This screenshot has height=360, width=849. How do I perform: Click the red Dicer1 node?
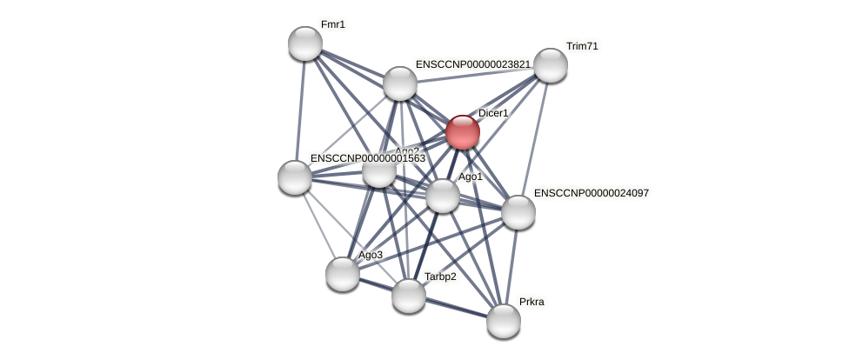(x=462, y=132)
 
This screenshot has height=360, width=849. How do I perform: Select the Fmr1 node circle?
(x=305, y=43)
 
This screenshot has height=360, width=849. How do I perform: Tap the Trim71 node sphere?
(x=551, y=65)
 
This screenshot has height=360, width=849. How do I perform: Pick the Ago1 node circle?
(x=442, y=196)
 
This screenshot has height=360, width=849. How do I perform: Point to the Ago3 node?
(x=343, y=274)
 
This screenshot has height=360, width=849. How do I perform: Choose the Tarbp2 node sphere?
(x=409, y=296)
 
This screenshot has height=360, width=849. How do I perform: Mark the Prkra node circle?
(x=504, y=321)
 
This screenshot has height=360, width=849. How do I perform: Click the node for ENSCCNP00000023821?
(x=400, y=83)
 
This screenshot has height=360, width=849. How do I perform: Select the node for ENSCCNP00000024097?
(x=518, y=212)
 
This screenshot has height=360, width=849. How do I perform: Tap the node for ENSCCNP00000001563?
(x=295, y=177)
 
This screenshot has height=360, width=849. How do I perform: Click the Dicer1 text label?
(x=493, y=113)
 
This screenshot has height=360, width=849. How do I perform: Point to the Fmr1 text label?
(x=333, y=24)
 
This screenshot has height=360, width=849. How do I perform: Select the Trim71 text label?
(x=582, y=46)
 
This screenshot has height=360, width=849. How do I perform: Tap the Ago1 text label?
(x=471, y=177)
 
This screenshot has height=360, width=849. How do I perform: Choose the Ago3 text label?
(x=371, y=255)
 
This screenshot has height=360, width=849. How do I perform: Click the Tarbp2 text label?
(x=440, y=277)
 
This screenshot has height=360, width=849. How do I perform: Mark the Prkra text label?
(x=531, y=302)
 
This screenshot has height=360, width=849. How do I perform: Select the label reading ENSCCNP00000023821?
(x=472, y=64)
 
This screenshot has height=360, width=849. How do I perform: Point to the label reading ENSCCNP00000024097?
(x=591, y=193)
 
